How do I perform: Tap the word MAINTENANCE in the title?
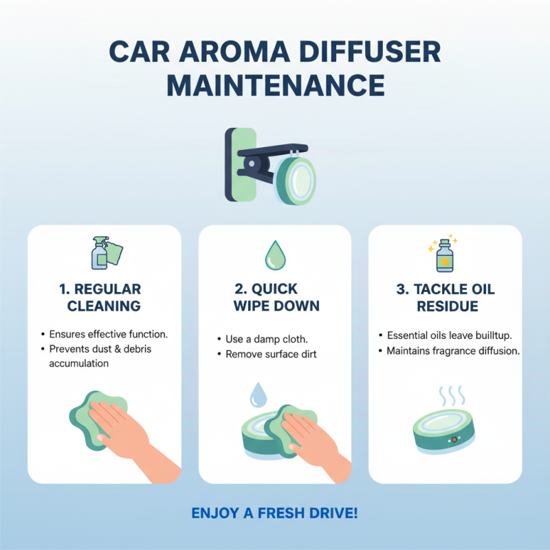coord(275,85)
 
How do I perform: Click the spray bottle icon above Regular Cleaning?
coord(104,253)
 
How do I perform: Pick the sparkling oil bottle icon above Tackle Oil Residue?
coord(445,254)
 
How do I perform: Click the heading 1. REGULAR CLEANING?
coord(104,297)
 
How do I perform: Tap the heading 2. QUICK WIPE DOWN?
coord(274,297)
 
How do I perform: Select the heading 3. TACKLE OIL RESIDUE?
coord(445,297)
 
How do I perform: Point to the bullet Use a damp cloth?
coord(267,340)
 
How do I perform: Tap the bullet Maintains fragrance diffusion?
coord(453,351)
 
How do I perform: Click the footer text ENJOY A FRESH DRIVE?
coord(274,514)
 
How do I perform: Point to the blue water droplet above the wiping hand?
coord(258,394)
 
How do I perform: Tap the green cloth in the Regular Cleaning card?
coord(86,419)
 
